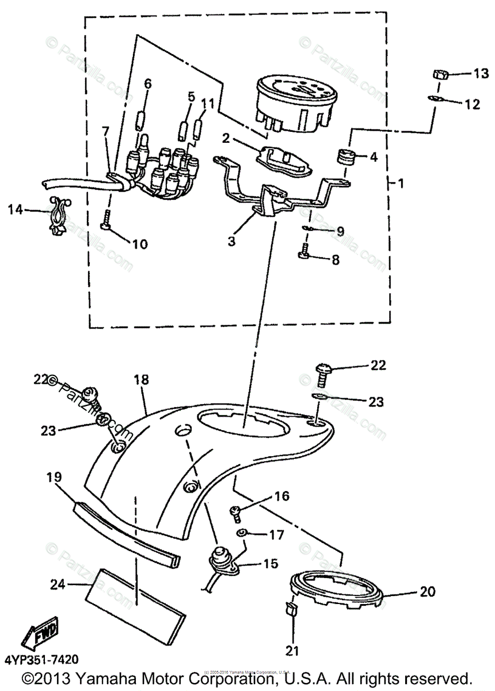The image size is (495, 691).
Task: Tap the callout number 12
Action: click(472, 104)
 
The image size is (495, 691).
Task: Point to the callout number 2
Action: click(226, 138)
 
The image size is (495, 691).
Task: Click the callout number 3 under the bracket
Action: click(231, 241)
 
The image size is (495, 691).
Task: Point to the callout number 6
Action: click(148, 83)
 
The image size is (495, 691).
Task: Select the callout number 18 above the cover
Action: click(141, 379)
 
